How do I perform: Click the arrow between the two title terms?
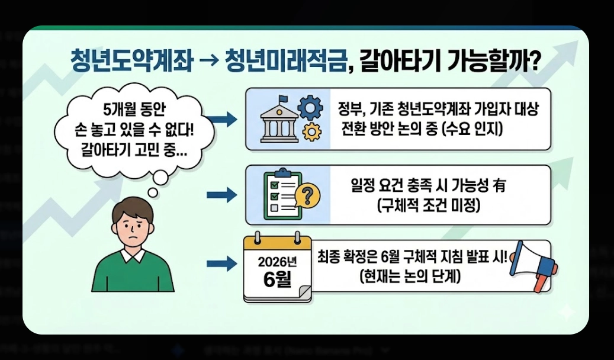(208, 61)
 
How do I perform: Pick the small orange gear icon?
(311, 132)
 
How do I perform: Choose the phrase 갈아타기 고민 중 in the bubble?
(130, 149)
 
